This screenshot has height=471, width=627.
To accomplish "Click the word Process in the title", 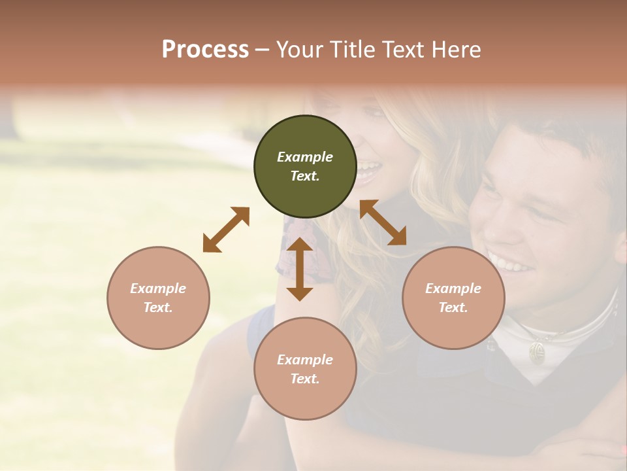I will pyautogui.click(x=205, y=50).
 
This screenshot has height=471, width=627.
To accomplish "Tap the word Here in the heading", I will pyautogui.click(x=457, y=50).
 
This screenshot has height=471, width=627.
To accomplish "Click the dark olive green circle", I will pyautogui.click(x=305, y=166).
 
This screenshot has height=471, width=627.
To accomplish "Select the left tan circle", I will pyautogui.click(x=158, y=298).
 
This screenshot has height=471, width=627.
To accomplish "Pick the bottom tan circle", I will pyautogui.click(x=305, y=369).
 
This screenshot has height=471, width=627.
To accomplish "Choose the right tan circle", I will pyautogui.click(x=453, y=298).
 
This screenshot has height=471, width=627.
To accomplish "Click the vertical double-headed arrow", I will pyautogui.click(x=300, y=269).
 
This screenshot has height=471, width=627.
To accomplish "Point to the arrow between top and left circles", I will pyautogui.click(x=226, y=229).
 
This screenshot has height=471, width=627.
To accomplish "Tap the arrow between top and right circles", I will pyautogui.click(x=383, y=222).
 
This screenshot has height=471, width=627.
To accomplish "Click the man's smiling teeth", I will pyautogui.click(x=511, y=264).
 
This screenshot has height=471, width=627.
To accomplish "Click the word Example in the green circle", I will pyautogui.click(x=305, y=157).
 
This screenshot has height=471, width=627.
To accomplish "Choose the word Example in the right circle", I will pyautogui.click(x=453, y=288).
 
